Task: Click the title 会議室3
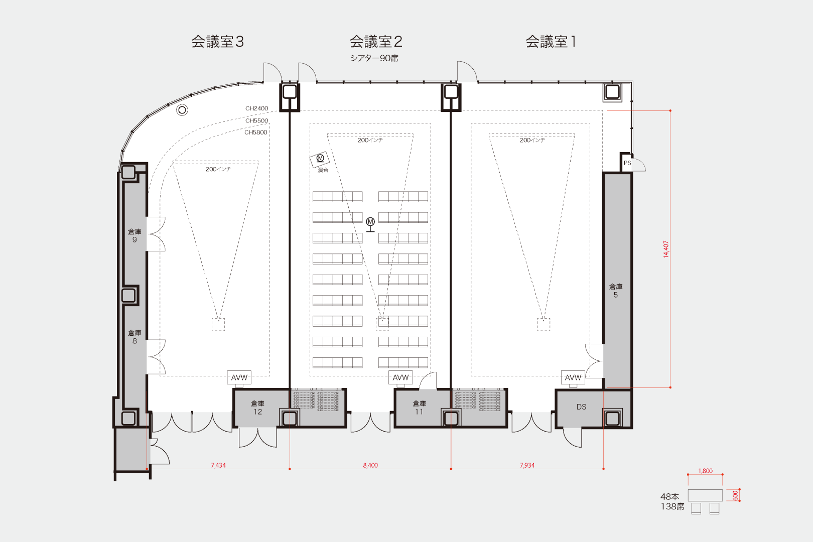pyautogui.click(x=217, y=42)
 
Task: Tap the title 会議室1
pyautogui.click(x=551, y=42)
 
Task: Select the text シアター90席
pyautogui.click(x=374, y=58)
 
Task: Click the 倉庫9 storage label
pyautogui.click(x=134, y=235)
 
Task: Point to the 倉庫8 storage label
pyautogui.click(x=134, y=337)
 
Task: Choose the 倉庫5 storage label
pyautogui.click(x=616, y=291)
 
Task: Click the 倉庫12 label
pyautogui.click(x=257, y=408)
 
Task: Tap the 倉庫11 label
pyautogui.click(x=419, y=408)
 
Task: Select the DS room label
pyautogui.click(x=581, y=407)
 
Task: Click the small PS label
pyautogui.click(x=627, y=163)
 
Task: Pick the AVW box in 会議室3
pyautogui.click(x=239, y=377)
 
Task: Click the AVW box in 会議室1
pyautogui.click(x=573, y=377)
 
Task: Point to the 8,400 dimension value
pyautogui.click(x=370, y=465)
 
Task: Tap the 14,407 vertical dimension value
pyautogui.click(x=666, y=249)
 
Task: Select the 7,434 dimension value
pyautogui.click(x=218, y=465)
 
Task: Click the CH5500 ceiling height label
pyautogui.click(x=256, y=120)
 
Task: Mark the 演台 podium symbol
pyautogui.click(x=320, y=159)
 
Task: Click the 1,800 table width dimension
pyautogui.click(x=705, y=471)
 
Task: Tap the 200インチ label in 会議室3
pyautogui.click(x=218, y=169)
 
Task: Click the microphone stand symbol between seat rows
pyautogui.click(x=370, y=224)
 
